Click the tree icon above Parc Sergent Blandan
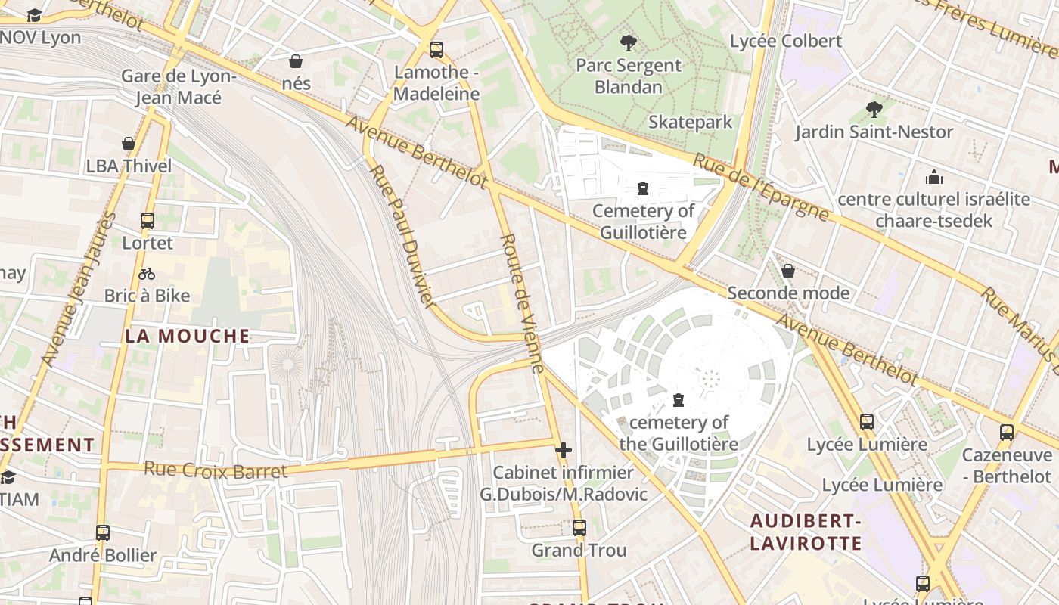pyautogui.click(x=628, y=43)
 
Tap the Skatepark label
pyautogui.click(x=690, y=122)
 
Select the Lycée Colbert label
pyautogui.click(x=785, y=41)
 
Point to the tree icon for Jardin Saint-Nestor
pyautogui.click(x=874, y=110)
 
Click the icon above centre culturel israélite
pyautogui.click(x=934, y=177)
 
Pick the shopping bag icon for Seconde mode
pyautogui.click(x=788, y=271)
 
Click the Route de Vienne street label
pyautogui.click(x=522, y=303)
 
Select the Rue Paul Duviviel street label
pyautogui.click(x=401, y=235)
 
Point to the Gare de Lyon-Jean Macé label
pyautogui.click(x=179, y=87)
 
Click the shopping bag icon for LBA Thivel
pyautogui.click(x=129, y=144)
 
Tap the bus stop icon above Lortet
pyautogui.click(x=148, y=221)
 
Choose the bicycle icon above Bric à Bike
pyautogui.click(x=147, y=274)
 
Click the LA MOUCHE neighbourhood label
pyautogui.click(x=188, y=336)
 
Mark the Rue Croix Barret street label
pyautogui.click(x=216, y=470)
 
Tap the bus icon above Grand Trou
pyautogui.click(x=579, y=527)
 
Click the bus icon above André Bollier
pyautogui.click(x=103, y=532)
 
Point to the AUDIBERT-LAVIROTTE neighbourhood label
pyautogui.click(x=806, y=532)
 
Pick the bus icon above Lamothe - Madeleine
pyautogui.click(x=436, y=50)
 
